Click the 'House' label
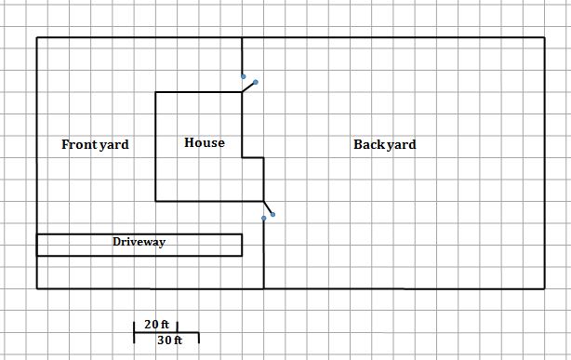point(204,143)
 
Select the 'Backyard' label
point(384,145)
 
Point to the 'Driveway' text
point(139,242)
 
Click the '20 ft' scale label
point(156,325)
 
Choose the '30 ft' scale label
point(170,340)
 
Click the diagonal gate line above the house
point(248,87)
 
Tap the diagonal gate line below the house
point(268,207)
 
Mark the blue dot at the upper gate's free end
point(256,82)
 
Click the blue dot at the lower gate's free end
point(272,214)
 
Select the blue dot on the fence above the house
point(243,76)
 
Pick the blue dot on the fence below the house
point(264,219)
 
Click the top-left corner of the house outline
point(155,92)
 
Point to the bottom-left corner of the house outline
point(155,200)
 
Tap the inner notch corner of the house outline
point(243,157)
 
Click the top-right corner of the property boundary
point(544,38)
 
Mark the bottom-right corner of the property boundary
point(544,288)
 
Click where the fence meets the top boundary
point(243,38)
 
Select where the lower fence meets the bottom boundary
point(264,288)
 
